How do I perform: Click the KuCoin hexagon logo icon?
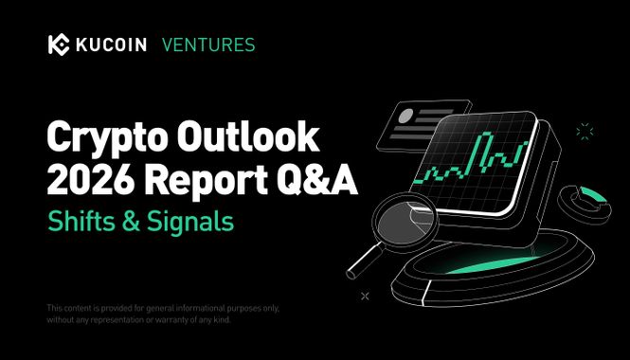pyautogui.click(x=58, y=45)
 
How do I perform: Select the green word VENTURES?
pyautogui.click(x=208, y=45)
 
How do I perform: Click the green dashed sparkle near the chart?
pyautogui.click(x=585, y=131)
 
